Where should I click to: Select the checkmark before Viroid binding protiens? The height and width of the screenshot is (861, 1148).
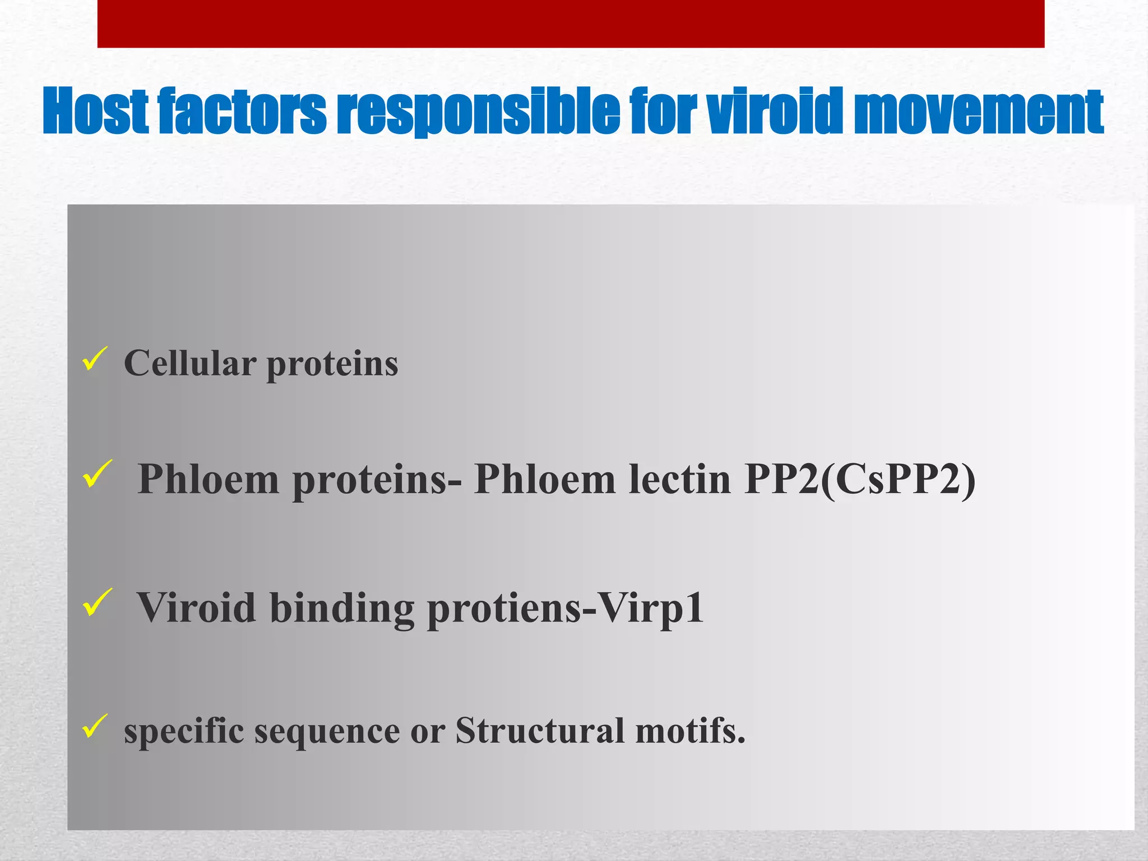tap(96, 603)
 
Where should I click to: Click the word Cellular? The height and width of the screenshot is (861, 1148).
tap(190, 363)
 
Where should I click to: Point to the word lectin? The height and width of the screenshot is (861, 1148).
tap(679, 479)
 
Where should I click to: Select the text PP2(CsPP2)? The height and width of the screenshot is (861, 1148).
tap(860, 480)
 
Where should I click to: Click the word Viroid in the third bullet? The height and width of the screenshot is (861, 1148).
tap(196, 608)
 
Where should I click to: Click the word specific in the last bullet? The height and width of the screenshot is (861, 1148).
tap(184, 731)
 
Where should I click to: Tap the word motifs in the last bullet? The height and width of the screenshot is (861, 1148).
tap(690, 731)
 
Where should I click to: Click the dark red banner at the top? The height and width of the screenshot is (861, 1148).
tap(571, 24)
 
